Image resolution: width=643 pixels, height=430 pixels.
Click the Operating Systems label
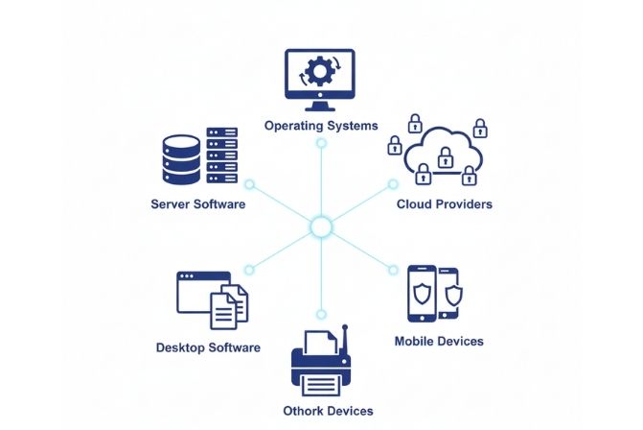pos(321,126)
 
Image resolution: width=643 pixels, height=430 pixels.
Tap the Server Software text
pos(198,204)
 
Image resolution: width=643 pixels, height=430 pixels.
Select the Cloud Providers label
pos(444,204)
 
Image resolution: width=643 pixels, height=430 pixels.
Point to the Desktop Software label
pos(208,347)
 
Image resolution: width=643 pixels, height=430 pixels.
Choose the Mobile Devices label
pos(439,341)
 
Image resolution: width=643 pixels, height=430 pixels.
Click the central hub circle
pos(321,227)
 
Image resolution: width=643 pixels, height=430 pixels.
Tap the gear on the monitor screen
pos(321,73)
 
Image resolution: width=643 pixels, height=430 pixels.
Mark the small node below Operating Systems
pos(321,143)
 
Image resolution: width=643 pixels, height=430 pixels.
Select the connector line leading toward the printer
pos(321,274)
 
